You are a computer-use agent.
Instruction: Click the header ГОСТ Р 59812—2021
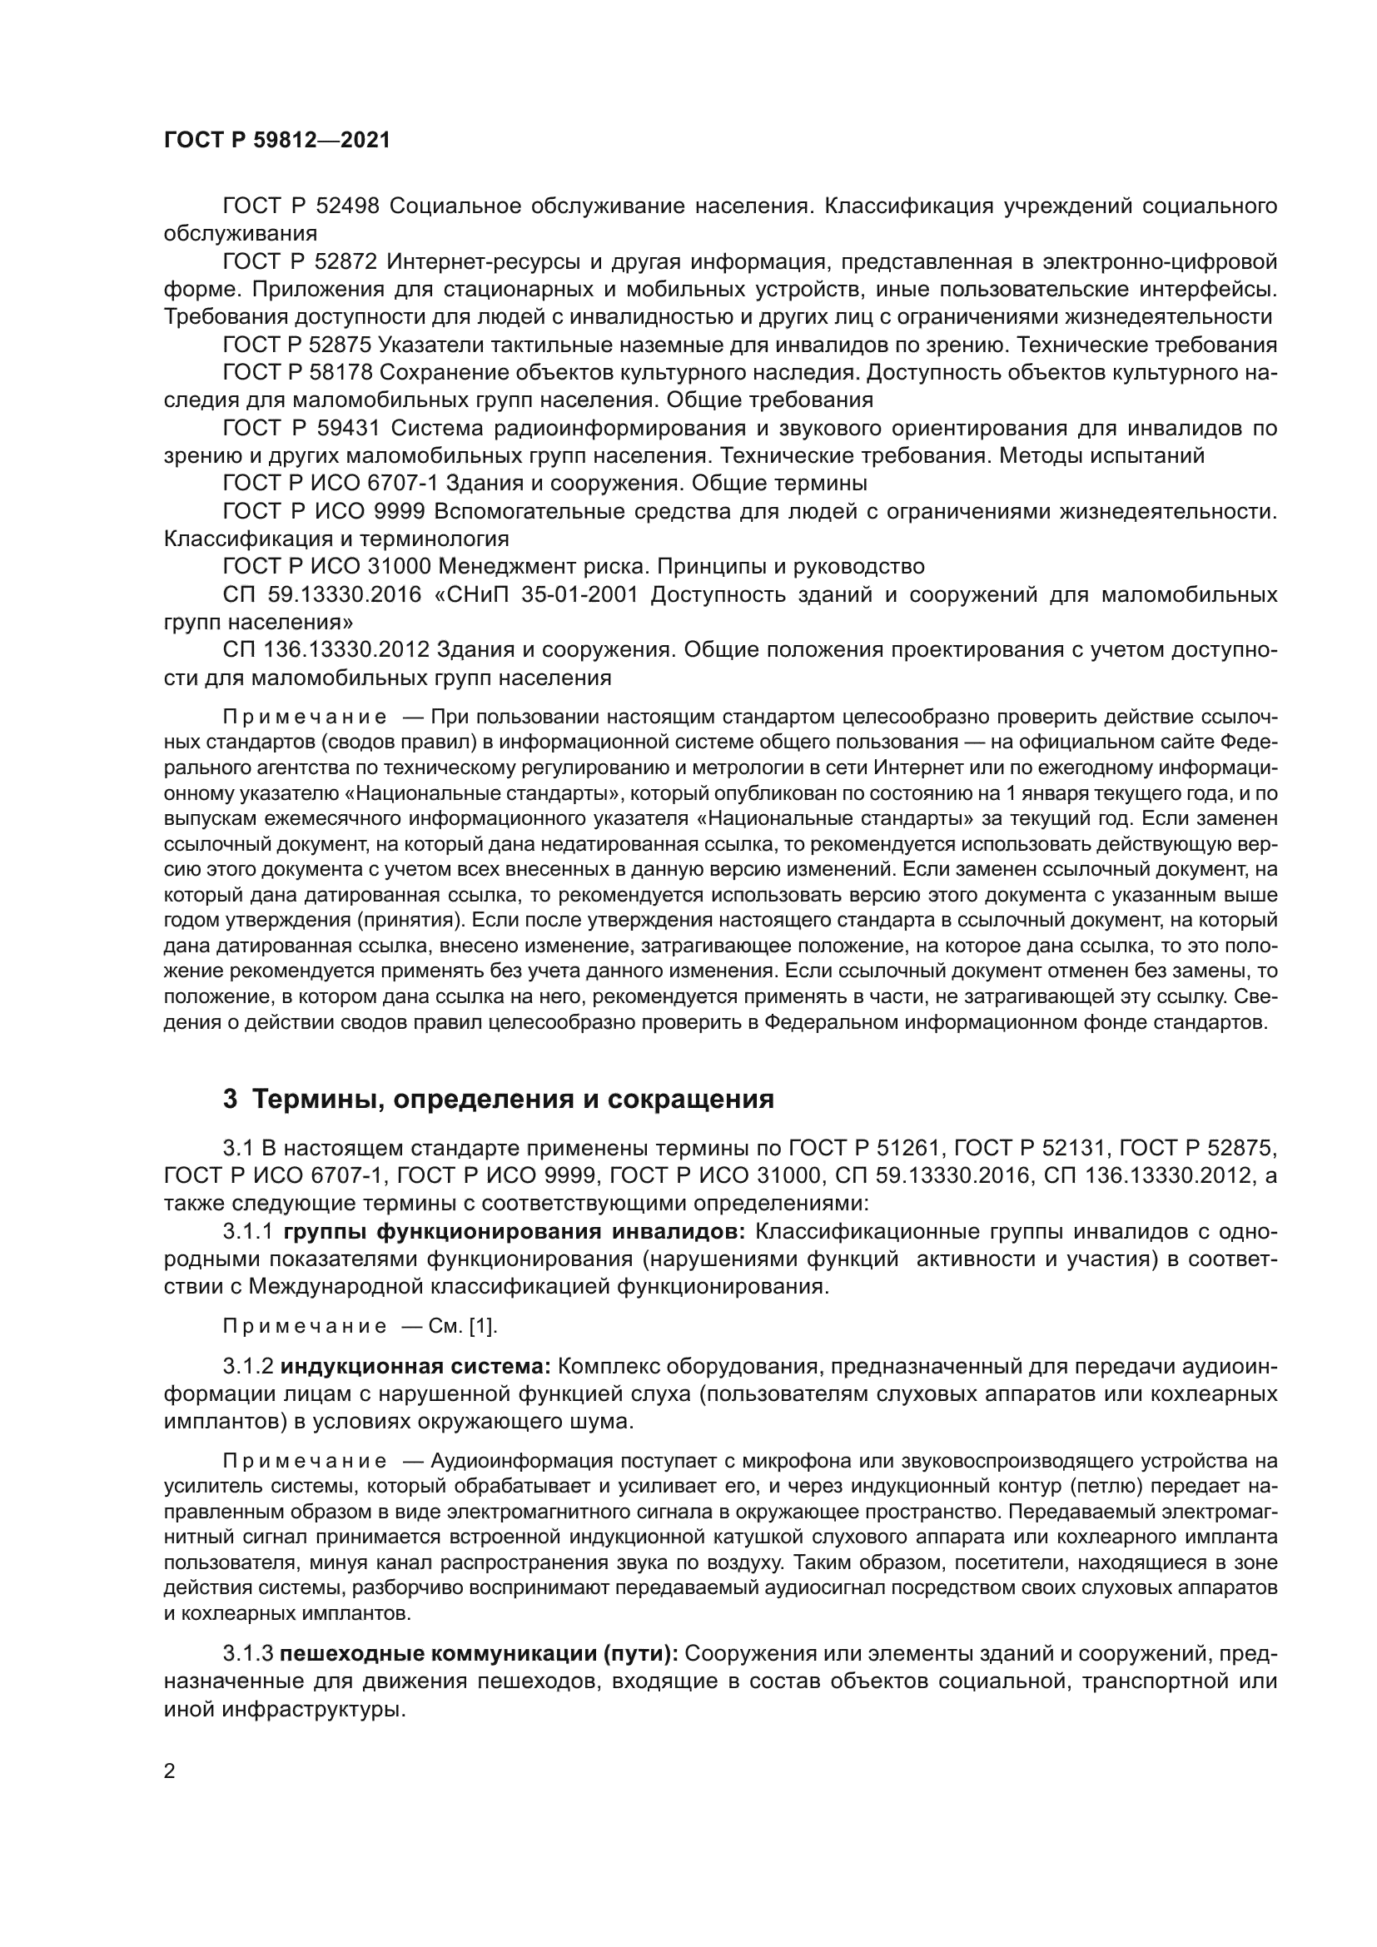point(276,141)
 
